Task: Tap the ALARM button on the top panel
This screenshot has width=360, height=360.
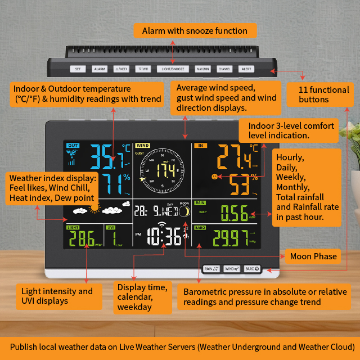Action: (x=100, y=69)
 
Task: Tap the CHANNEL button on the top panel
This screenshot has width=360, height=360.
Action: (x=224, y=69)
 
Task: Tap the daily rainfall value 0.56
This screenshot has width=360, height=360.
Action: (x=233, y=213)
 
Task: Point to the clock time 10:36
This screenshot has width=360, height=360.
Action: (x=164, y=237)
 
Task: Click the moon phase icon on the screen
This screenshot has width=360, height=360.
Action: (x=183, y=211)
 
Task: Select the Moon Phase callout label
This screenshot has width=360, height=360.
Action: (x=313, y=256)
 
